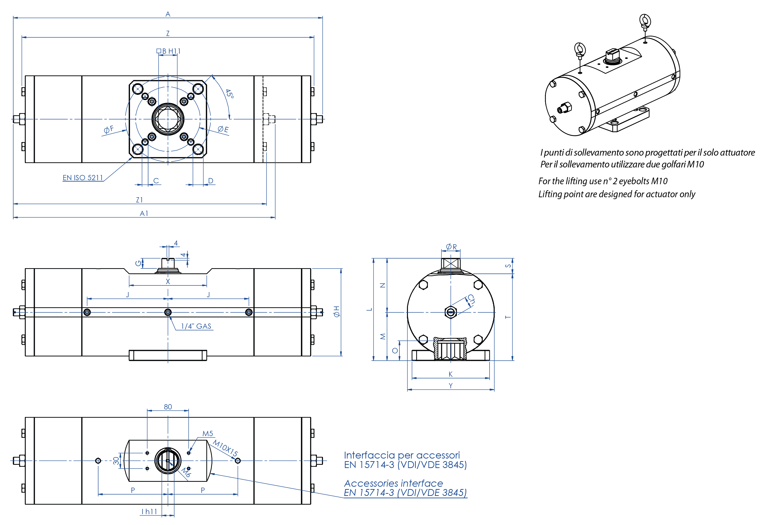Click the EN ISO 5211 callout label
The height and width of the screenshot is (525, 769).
tap(83, 178)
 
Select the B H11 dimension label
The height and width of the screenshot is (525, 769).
tap(169, 51)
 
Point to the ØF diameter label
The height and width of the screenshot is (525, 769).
tap(109, 129)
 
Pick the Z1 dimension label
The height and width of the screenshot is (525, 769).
tap(139, 200)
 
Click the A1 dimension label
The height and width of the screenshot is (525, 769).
tap(144, 213)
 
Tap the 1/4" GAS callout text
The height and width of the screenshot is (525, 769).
tap(196, 326)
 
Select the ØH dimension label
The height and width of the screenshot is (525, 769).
tap(336, 312)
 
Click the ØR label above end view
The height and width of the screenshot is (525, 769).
tap(451, 247)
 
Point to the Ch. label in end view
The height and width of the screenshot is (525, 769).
tap(471, 300)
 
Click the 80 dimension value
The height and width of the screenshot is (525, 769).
tap(168, 407)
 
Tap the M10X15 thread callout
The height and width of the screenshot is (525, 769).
tap(225, 448)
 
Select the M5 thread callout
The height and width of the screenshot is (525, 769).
tap(208, 433)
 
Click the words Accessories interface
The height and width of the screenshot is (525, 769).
tap(393, 483)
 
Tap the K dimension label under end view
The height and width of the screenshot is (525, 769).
tap(450, 374)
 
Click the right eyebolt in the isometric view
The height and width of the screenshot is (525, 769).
tap(645, 22)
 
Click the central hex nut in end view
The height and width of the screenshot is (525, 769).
tap(450, 312)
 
